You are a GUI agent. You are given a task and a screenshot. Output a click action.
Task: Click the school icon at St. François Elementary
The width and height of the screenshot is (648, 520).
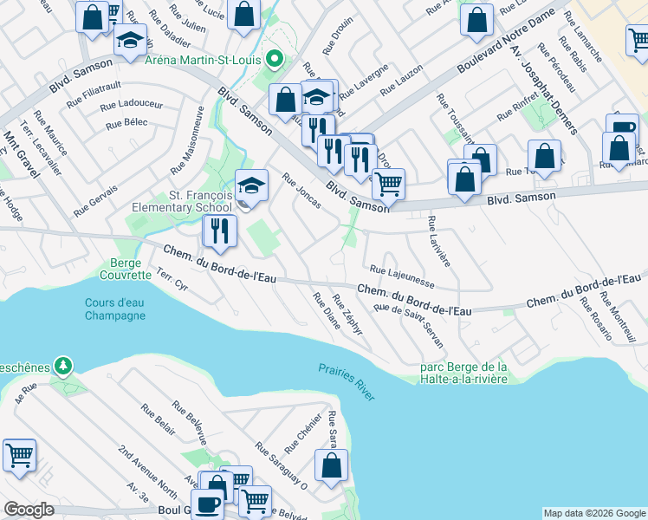(x=251, y=185)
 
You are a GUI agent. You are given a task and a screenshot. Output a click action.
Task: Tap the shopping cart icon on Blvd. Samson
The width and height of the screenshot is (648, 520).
(x=388, y=183)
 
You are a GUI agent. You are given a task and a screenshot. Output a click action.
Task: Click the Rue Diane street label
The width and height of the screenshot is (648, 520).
(x=327, y=311)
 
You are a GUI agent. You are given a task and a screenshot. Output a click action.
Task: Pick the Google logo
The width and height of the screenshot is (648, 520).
(x=29, y=510)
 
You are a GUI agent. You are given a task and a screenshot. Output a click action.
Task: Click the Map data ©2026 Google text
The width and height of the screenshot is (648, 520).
(x=594, y=513)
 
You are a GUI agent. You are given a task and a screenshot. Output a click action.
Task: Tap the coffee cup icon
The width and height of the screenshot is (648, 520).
(x=207, y=505)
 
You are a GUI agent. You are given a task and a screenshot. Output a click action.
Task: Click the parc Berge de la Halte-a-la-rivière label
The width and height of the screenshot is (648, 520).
(x=463, y=373)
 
